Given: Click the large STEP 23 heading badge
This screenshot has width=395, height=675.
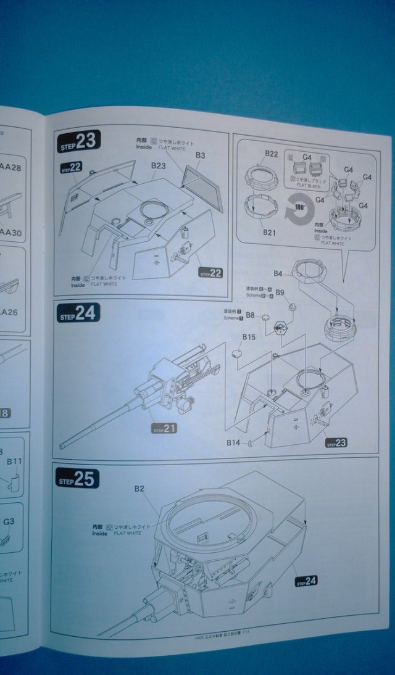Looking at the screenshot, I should point(80,142).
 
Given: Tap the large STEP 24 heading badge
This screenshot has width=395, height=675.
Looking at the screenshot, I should point(78,313).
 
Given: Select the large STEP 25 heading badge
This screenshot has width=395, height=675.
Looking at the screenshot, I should point(77,479).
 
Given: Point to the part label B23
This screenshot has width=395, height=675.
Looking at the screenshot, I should point(158,166).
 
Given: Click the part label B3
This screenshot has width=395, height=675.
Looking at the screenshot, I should point(200,156).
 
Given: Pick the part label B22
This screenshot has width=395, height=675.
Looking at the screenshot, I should point(272,154).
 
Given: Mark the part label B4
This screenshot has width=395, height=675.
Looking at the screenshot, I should point(278,273).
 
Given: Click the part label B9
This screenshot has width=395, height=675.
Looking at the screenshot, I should point(279,292).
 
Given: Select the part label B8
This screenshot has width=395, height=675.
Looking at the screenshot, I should point(250,315).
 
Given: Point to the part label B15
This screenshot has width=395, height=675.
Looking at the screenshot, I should point(249,337).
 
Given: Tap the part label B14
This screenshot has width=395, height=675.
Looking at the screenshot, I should point(233,442).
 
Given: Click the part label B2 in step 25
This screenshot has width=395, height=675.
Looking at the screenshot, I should point(139,489).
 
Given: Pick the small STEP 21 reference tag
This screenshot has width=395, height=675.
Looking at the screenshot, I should point(164,428).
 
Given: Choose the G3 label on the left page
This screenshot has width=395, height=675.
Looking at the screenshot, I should point(9,521).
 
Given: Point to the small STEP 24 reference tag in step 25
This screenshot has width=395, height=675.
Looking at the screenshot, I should point(306,580).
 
